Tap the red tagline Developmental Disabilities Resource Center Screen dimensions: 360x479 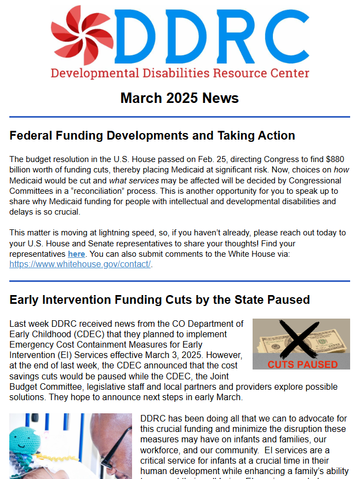tap(180, 73)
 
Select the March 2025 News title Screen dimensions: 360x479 tap(180, 99)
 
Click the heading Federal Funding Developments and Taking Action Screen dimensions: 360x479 tap(152, 135)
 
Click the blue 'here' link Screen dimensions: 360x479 tap(76, 255)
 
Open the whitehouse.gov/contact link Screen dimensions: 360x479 tap(80, 264)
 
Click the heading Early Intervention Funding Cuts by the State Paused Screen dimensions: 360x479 tap(159, 299)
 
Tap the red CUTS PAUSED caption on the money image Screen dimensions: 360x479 tap(302, 364)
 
